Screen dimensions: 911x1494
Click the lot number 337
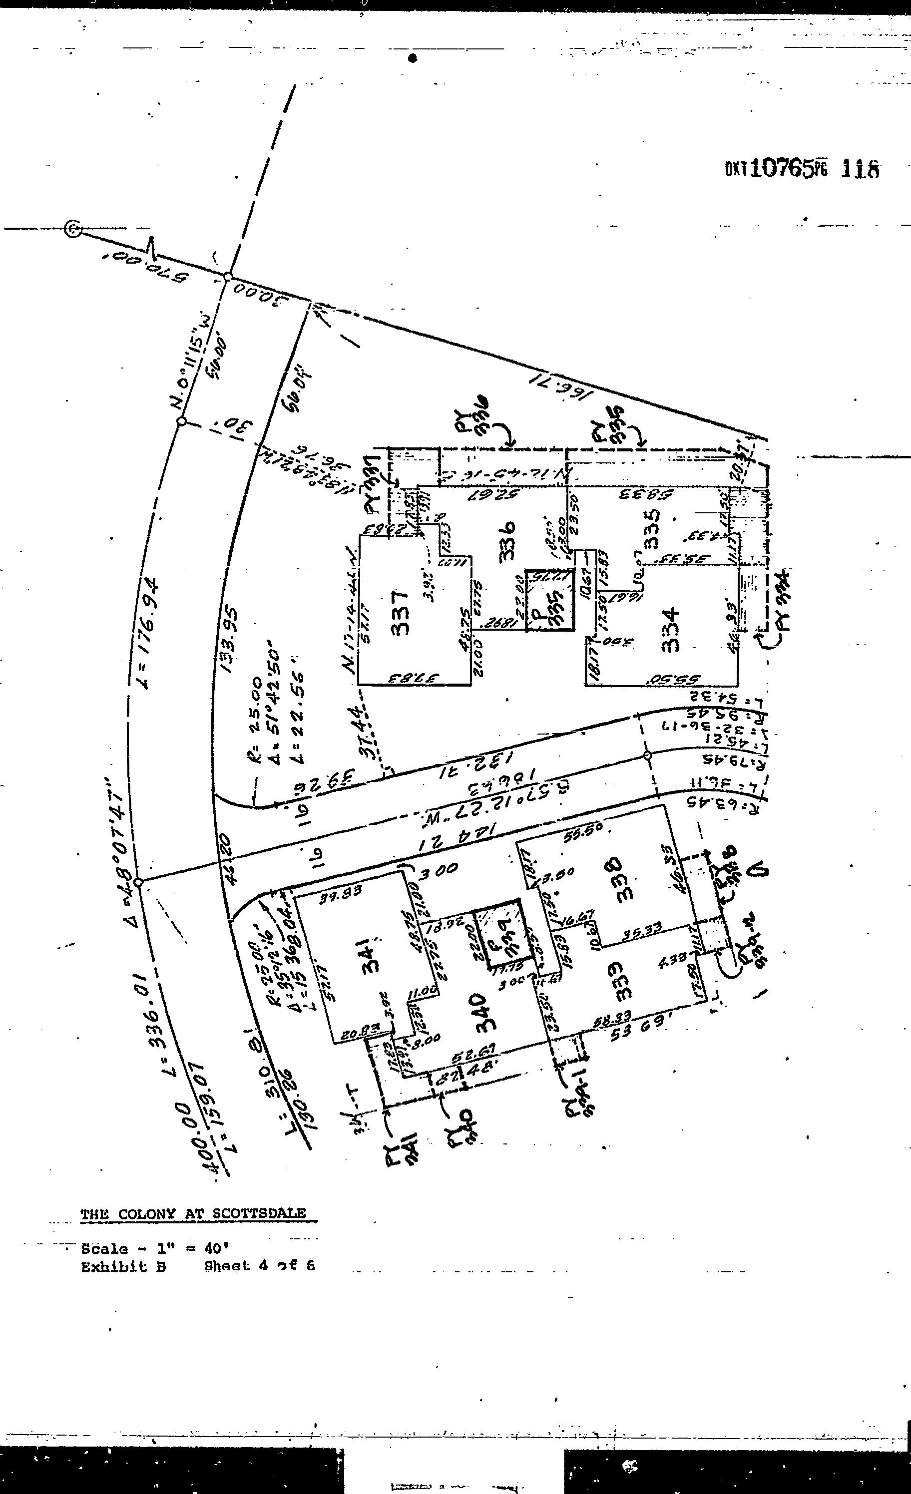click(x=401, y=612)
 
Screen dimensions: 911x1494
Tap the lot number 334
click(x=671, y=631)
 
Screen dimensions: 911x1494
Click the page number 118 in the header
click(x=860, y=169)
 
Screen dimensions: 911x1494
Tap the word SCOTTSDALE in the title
click(x=259, y=1214)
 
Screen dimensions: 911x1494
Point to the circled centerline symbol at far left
click(x=73, y=229)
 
